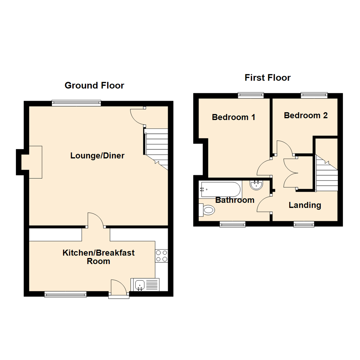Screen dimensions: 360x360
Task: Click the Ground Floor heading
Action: (94, 86)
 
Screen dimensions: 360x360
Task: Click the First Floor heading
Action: (268, 78)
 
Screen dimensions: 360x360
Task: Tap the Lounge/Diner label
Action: (97, 156)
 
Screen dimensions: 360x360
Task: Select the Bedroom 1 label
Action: (234, 117)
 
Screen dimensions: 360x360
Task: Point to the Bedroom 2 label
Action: (306, 115)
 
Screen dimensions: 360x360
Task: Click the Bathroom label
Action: (235, 200)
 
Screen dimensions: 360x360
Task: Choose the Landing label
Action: (305, 205)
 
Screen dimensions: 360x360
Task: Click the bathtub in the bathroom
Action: (220, 189)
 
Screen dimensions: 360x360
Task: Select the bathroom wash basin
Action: (256, 185)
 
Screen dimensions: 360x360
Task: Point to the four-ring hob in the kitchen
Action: (161, 256)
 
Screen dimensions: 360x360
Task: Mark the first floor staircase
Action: (327, 175)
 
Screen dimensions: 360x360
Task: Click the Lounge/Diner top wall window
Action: (76, 103)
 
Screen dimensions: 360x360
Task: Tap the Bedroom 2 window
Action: (314, 96)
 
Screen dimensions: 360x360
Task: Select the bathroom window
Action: (232, 225)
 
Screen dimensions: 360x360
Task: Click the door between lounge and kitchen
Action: (96, 220)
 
